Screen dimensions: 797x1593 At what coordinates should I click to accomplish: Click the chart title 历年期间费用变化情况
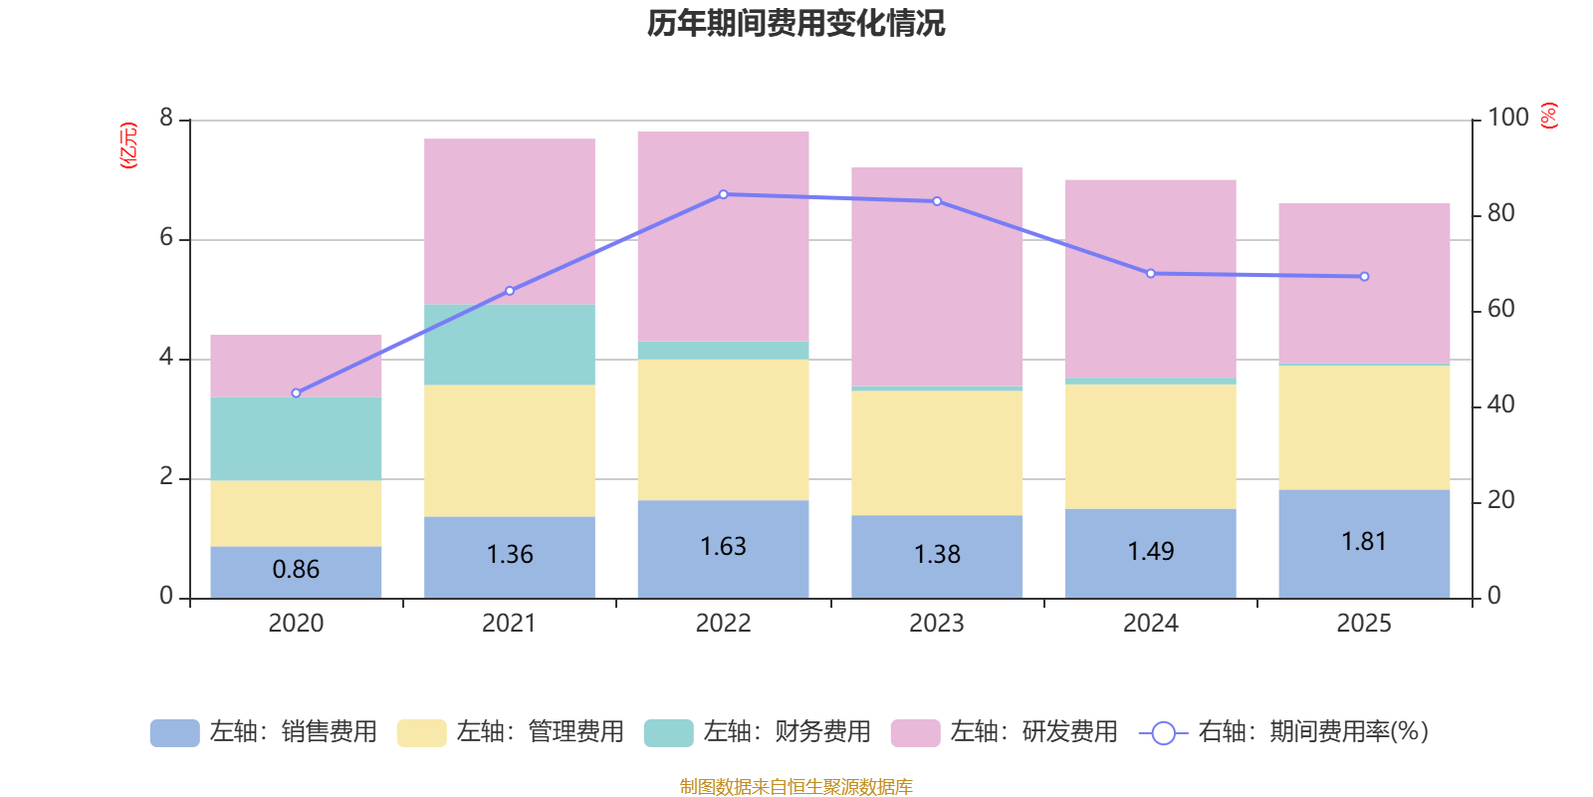pyautogui.click(x=796, y=23)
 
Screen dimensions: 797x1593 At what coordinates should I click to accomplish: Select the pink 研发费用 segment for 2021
pyautogui.click(x=510, y=221)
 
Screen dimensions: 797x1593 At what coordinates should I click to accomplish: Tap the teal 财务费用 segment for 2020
pyautogui.click(x=296, y=438)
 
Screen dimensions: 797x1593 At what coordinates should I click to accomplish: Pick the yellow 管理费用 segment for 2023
pyautogui.click(x=937, y=452)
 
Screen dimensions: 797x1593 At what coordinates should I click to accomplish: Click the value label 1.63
pyautogui.click(x=723, y=547)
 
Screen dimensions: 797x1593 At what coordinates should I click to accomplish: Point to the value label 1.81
pyautogui.click(x=1364, y=542)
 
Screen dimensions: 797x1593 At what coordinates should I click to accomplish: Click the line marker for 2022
pyautogui.click(x=723, y=194)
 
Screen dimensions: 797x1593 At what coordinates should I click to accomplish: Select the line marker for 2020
pyautogui.click(x=296, y=394)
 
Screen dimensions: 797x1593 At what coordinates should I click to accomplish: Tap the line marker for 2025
pyautogui.click(x=1364, y=277)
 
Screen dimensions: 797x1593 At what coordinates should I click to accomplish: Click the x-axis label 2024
pyautogui.click(x=1150, y=624)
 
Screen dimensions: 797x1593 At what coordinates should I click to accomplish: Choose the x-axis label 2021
pyautogui.click(x=509, y=624)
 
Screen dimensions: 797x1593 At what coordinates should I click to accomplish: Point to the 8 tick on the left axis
pyautogui.click(x=166, y=119)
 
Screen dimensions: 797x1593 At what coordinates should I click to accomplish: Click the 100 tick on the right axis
pyautogui.click(x=1507, y=118)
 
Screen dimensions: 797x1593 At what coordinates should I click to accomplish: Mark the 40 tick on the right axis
pyautogui.click(x=1500, y=404)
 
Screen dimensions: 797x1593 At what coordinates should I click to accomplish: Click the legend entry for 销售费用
pyautogui.click(x=264, y=732)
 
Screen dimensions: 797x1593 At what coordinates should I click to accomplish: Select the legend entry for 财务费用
pyautogui.click(x=758, y=732)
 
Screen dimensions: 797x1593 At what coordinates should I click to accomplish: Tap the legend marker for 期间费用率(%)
pyautogui.click(x=1163, y=733)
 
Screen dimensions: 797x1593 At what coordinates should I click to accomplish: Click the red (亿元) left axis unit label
pyautogui.click(x=128, y=145)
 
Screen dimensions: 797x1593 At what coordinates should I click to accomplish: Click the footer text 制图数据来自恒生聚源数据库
pyautogui.click(x=796, y=787)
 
